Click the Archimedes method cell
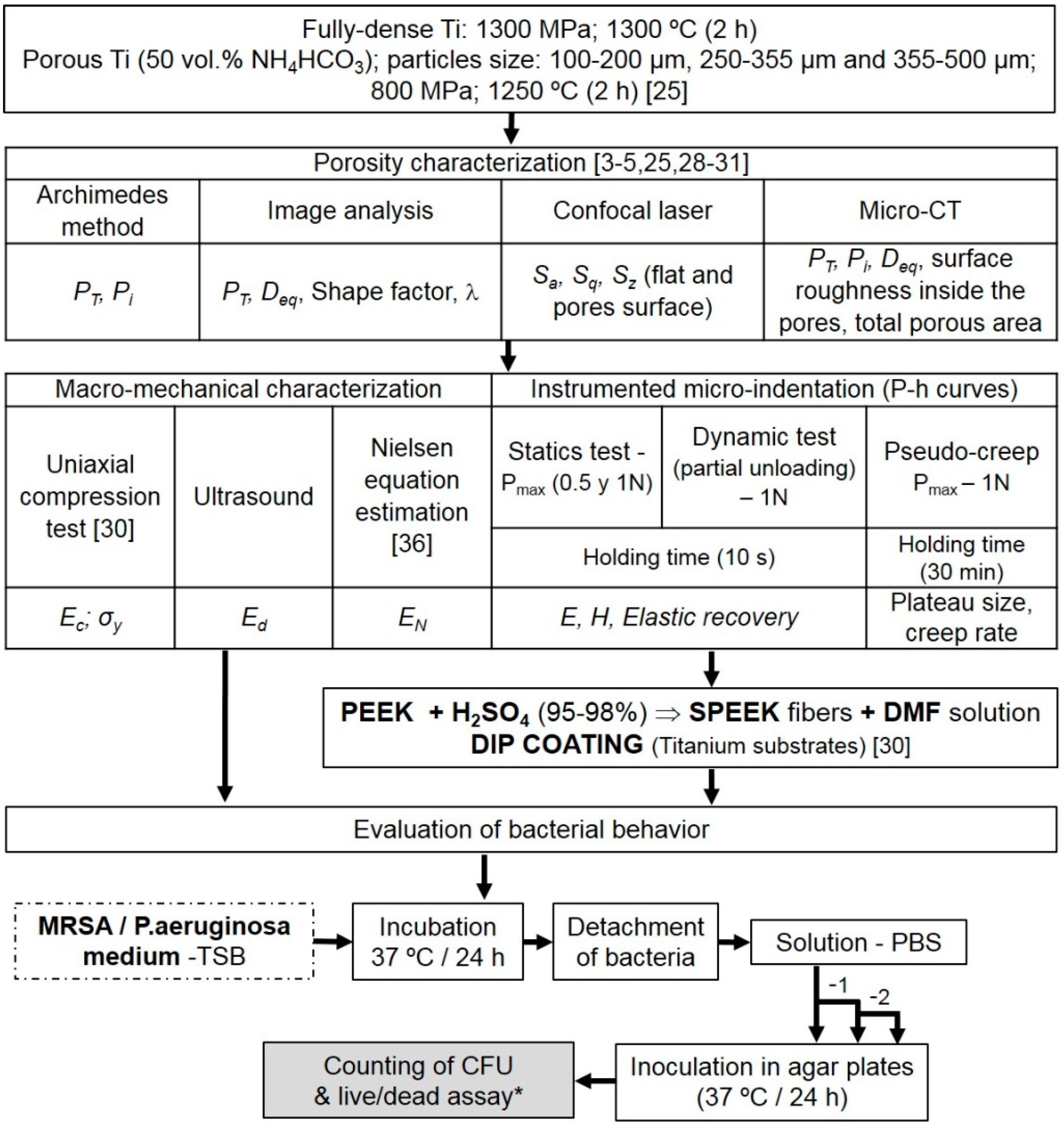(x=102, y=211)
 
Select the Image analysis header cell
(x=350, y=211)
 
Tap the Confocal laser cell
(x=632, y=211)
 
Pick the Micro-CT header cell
(x=910, y=211)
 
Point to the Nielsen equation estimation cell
(x=412, y=496)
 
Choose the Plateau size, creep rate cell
(x=962, y=618)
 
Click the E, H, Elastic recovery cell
(x=678, y=618)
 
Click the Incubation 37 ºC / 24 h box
(x=437, y=942)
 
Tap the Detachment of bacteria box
(x=635, y=942)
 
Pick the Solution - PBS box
(x=858, y=942)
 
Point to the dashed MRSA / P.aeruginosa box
(x=164, y=941)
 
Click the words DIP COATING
(x=557, y=745)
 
